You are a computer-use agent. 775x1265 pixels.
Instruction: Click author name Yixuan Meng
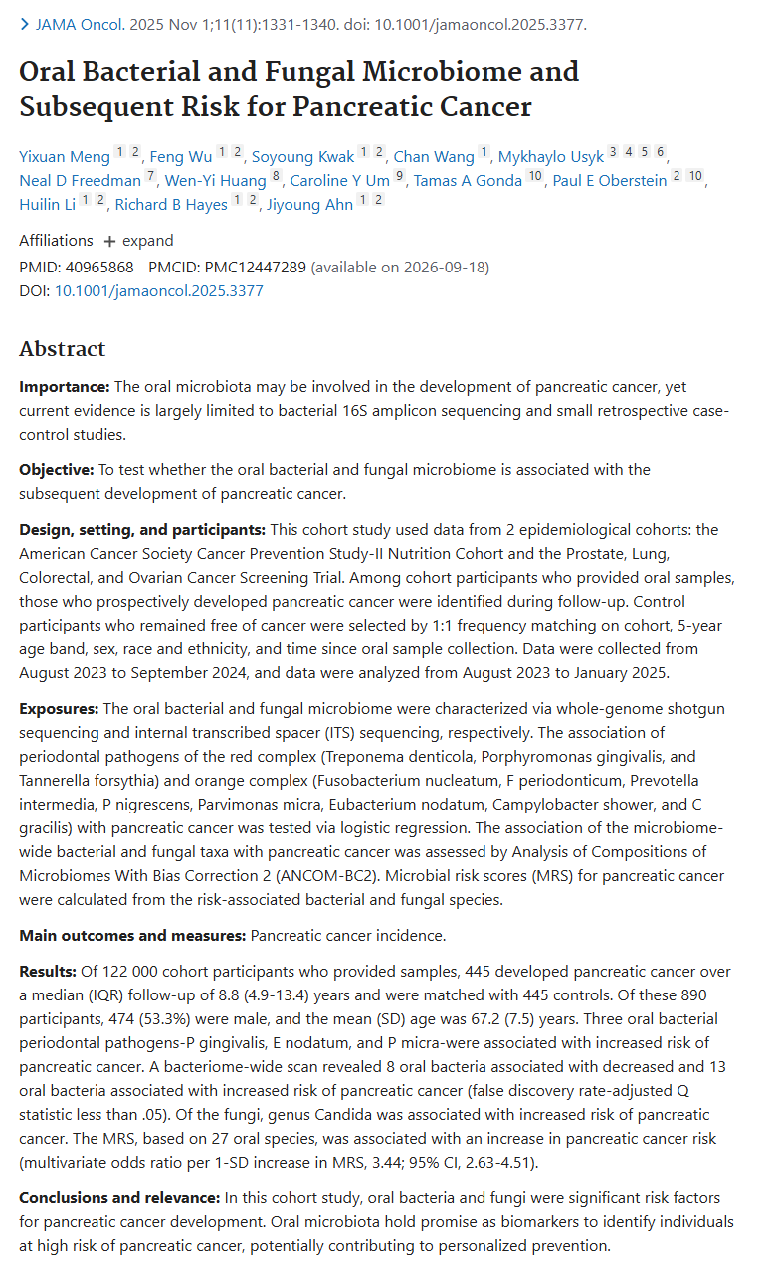pos(64,156)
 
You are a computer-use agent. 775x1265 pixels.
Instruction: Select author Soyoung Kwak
pos(302,156)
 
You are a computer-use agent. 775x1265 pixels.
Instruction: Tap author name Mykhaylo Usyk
pos(551,156)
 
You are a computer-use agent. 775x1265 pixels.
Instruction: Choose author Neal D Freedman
pos(79,180)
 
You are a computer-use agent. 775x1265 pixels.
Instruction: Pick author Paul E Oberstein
pos(610,180)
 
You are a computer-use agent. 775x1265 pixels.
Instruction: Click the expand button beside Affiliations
pos(138,241)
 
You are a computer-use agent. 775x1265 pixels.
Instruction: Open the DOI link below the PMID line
pos(158,291)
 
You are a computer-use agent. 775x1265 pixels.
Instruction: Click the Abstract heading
pos(62,349)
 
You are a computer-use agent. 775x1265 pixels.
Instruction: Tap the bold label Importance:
pos(65,386)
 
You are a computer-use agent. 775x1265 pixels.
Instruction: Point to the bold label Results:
pos(48,971)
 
